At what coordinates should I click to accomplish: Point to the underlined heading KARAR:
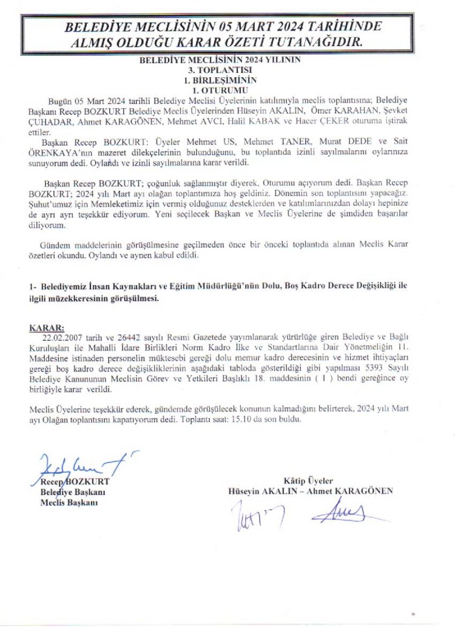tap(47, 328)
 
